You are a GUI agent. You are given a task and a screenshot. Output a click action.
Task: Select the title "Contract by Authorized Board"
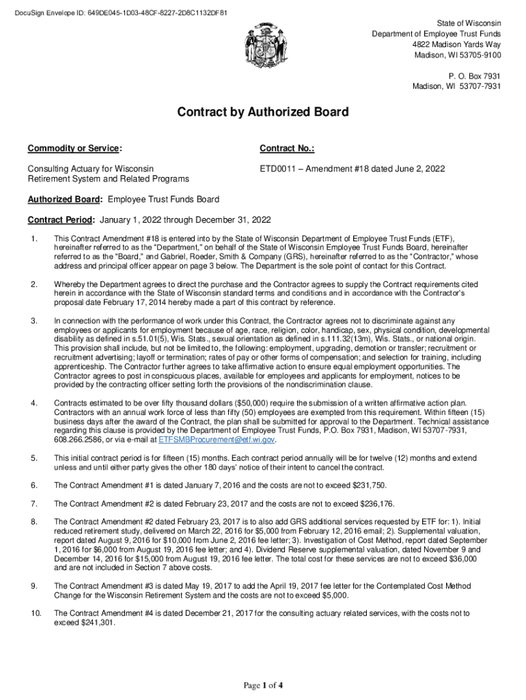point(263,112)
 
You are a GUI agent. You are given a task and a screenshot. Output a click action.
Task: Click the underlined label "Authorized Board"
point(65,200)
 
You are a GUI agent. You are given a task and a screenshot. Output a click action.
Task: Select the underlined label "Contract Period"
point(61,220)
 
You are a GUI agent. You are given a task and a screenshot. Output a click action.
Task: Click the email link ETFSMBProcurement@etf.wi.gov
point(217,440)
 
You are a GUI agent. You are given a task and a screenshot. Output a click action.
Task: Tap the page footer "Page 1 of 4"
point(263,685)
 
